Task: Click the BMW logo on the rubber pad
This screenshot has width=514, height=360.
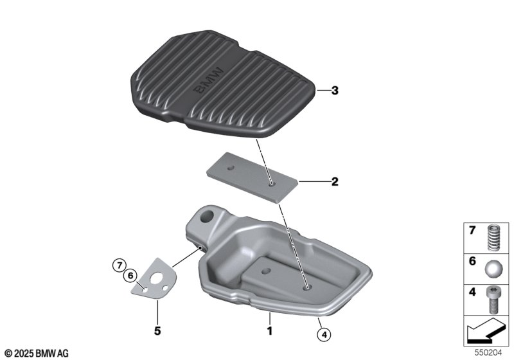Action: click(208, 80)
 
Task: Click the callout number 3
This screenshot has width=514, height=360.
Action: click(334, 91)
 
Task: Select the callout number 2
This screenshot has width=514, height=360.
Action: click(334, 181)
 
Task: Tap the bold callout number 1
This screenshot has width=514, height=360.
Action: click(269, 331)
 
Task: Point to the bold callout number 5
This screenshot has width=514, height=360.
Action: click(157, 331)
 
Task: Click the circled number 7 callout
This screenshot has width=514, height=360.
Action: click(119, 265)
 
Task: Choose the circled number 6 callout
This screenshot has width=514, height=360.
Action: click(130, 276)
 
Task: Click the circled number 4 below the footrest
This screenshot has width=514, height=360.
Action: click(324, 335)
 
